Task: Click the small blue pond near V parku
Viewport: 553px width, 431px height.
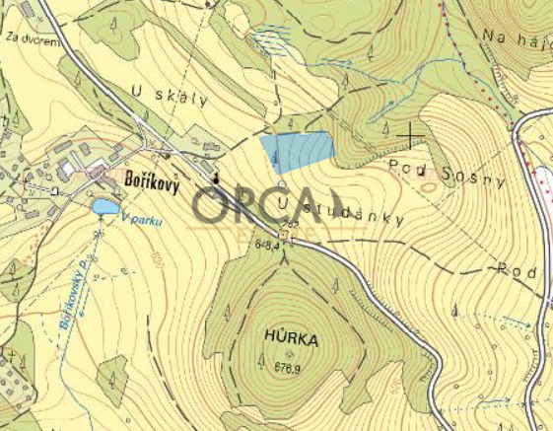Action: pos(104,206)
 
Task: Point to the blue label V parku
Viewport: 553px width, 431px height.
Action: pos(140,221)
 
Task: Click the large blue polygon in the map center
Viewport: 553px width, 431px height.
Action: pos(297,152)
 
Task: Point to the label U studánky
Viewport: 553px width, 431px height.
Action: pos(341,211)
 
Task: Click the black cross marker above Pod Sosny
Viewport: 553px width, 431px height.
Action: pos(410,132)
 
